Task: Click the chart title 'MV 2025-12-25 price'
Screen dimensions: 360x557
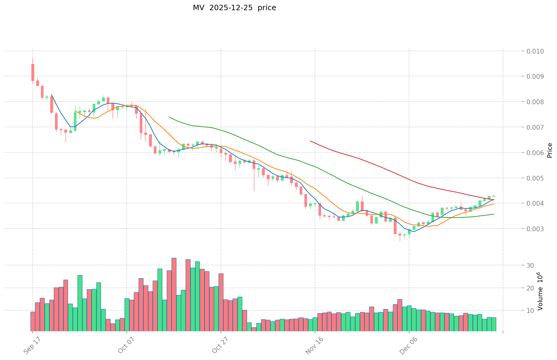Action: pos(234,8)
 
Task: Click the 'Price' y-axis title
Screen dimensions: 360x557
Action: pos(550,150)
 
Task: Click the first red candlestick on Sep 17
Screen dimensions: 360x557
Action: pos(33,72)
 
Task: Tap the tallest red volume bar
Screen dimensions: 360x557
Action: pos(174,294)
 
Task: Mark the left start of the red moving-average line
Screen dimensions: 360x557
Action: pos(310,141)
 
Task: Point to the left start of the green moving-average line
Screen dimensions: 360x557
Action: pos(169,117)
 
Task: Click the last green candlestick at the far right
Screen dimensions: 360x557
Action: pos(494,196)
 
